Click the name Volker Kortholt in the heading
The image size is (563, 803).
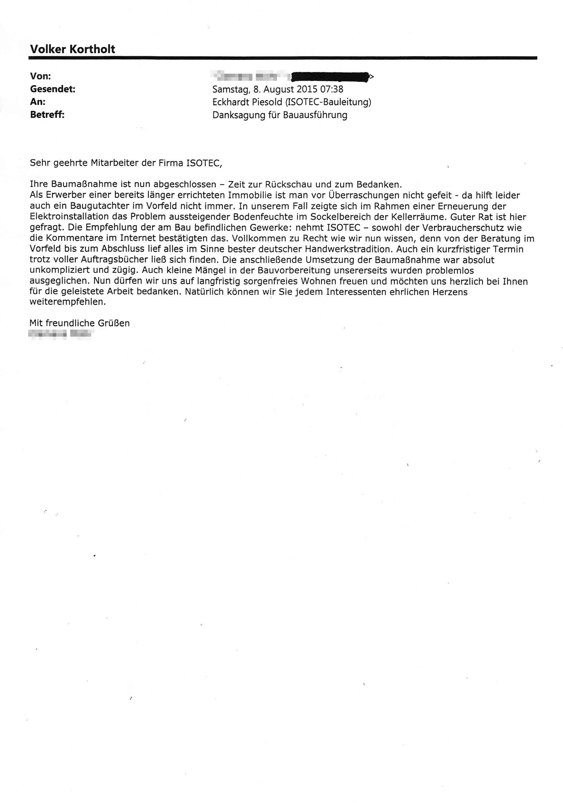pos(72,49)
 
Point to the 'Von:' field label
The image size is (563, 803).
pos(40,76)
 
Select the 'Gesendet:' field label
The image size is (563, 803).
pos(53,89)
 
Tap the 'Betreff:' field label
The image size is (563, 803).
pos(47,115)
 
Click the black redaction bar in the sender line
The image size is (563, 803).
pos(330,76)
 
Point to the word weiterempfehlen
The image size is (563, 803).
pos(67,302)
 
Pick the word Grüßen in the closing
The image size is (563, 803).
pos(114,323)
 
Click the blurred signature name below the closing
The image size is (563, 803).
pos(60,334)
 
